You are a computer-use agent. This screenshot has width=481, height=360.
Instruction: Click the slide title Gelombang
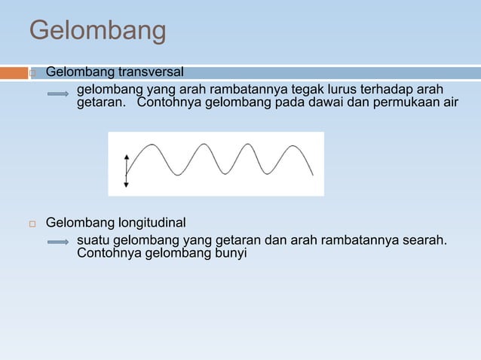tap(97, 31)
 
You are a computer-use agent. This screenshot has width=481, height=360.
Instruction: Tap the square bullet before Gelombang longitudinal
tap(33, 224)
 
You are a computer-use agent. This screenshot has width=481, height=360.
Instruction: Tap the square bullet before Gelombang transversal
tap(33, 74)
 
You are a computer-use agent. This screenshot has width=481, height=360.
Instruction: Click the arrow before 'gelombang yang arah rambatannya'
tap(59, 94)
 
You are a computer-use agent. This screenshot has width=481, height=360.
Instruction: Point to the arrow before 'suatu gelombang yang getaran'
tap(59, 243)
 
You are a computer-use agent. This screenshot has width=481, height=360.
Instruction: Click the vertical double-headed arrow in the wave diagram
tap(126, 170)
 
